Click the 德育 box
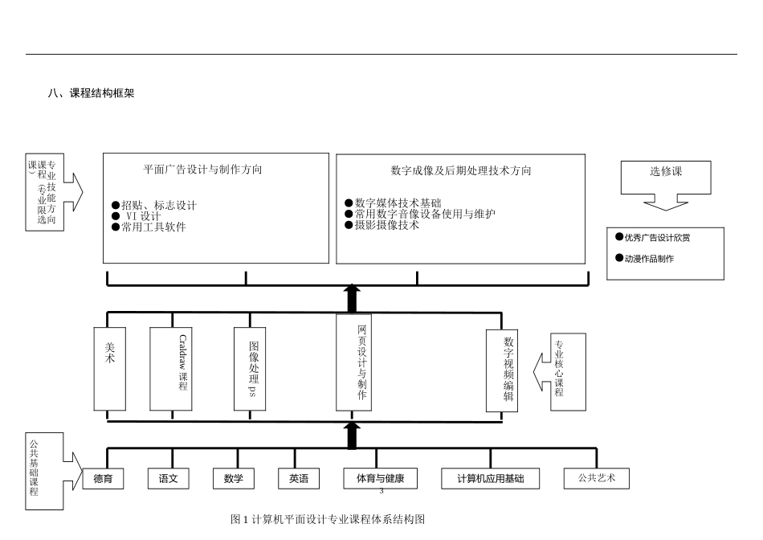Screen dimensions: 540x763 click(103, 479)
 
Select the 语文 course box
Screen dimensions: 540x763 click(169, 479)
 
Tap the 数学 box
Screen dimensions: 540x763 click(234, 479)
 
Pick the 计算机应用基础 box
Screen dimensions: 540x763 click(491, 479)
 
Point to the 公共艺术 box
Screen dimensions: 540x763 click(596, 478)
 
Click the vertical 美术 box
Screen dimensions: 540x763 click(110, 367)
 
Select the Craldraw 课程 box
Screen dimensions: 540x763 click(171, 367)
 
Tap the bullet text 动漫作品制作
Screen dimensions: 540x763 click(649, 259)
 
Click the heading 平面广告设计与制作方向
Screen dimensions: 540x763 click(202, 170)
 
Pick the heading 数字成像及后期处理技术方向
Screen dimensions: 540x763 click(461, 170)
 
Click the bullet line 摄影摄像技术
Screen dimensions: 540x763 click(386, 226)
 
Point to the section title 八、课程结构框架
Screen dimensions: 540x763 click(91, 93)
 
